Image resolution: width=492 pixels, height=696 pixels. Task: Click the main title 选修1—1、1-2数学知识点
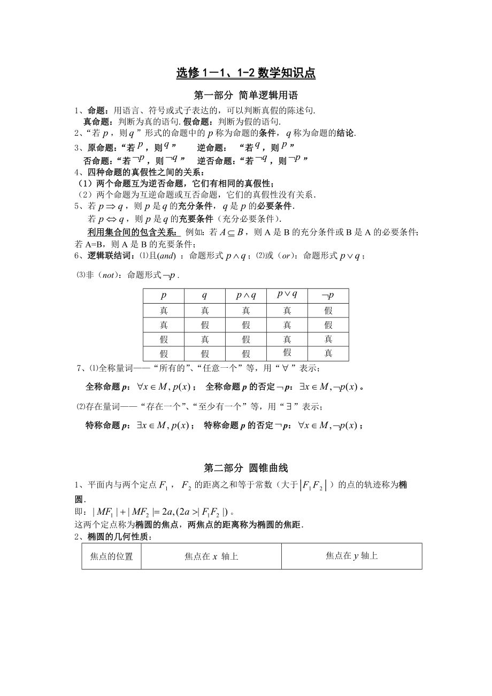pos(245,73)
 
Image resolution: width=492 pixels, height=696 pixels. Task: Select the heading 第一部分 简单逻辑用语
pos(245,96)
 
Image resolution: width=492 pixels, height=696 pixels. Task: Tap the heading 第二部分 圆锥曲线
pos(245,468)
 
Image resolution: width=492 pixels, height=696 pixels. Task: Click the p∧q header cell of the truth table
pos(246,296)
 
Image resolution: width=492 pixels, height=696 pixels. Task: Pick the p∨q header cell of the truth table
pos(287,295)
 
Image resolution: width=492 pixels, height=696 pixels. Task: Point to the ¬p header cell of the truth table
pos(328,296)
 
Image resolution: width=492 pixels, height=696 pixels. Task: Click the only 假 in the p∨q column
pos(287,352)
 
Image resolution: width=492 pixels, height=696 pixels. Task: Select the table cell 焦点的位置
pos(111,556)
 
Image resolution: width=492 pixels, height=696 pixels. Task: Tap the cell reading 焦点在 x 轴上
pos(211,556)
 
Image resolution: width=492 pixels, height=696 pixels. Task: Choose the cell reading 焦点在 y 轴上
pos(351,556)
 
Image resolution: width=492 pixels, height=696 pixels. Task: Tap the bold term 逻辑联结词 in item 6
pos(111,256)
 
